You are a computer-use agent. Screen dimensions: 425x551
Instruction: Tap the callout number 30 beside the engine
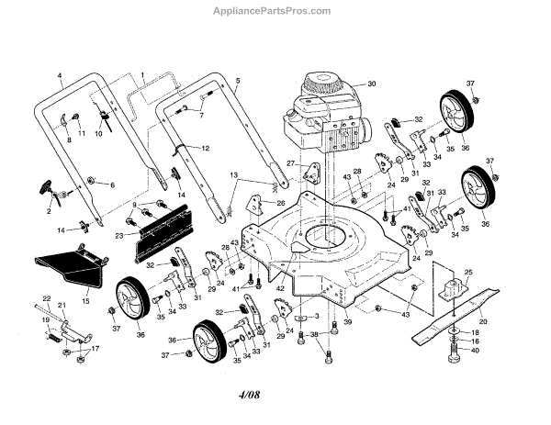pyautogui.click(x=373, y=84)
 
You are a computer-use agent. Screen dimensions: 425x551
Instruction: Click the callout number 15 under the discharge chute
pyautogui.click(x=86, y=299)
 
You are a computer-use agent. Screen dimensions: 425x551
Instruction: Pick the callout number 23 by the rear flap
pyautogui.click(x=119, y=236)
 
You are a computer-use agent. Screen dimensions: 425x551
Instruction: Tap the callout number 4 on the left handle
pyautogui.click(x=60, y=74)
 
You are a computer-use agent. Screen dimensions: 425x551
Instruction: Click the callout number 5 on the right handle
pyautogui.click(x=237, y=82)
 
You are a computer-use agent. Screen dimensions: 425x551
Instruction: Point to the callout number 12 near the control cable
pyautogui.click(x=206, y=148)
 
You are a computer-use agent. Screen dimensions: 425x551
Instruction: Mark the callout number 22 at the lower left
pyautogui.click(x=45, y=299)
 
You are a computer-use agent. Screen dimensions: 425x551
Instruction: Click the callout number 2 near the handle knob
pyautogui.click(x=49, y=210)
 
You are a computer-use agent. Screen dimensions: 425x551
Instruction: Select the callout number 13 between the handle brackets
pyautogui.click(x=234, y=173)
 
